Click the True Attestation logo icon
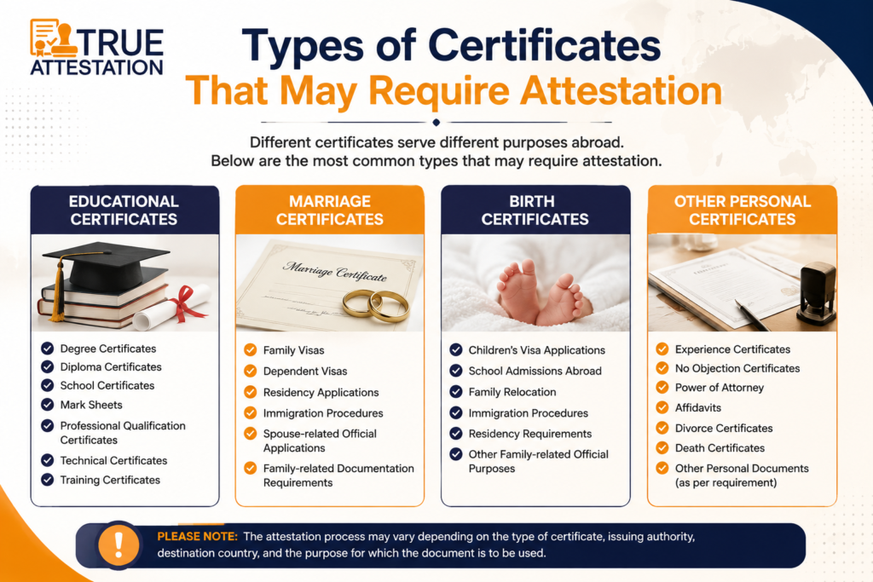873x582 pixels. pyautogui.click(x=54, y=38)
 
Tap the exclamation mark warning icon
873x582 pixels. pyautogui.click(x=118, y=545)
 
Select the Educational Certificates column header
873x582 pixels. pyautogui.click(x=124, y=210)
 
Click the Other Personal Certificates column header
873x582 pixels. pyautogui.click(x=743, y=210)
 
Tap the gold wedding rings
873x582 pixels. pyautogui.click(x=375, y=305)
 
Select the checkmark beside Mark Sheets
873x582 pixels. pyautogui.click(x=48, y=405)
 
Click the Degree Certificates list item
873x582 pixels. pyautogui.click(x=108, y=349)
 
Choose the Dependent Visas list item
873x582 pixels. pyautogui.click(x=305, y=372)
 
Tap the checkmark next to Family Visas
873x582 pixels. pyautogui.click(x=251, y=350)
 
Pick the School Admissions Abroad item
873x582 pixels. pyautogui.click(x=535, y=372)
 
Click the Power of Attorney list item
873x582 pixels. pyautogui.click(x=720, y=388)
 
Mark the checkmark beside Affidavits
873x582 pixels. pyautogui.click(x=662, y=407)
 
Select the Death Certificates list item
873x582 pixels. pyautogui.click(x=720, y=448)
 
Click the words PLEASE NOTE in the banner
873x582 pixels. pyautogui.click(x=198, y=536)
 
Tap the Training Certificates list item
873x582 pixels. pyautogui.click(x=110, y=481)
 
